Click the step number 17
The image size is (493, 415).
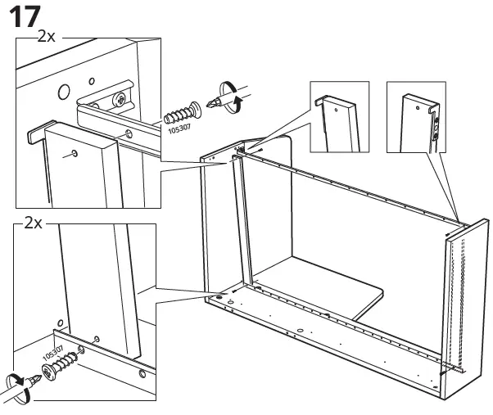25,17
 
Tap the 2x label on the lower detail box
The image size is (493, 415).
34,222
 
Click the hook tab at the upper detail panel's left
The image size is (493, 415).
37,133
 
